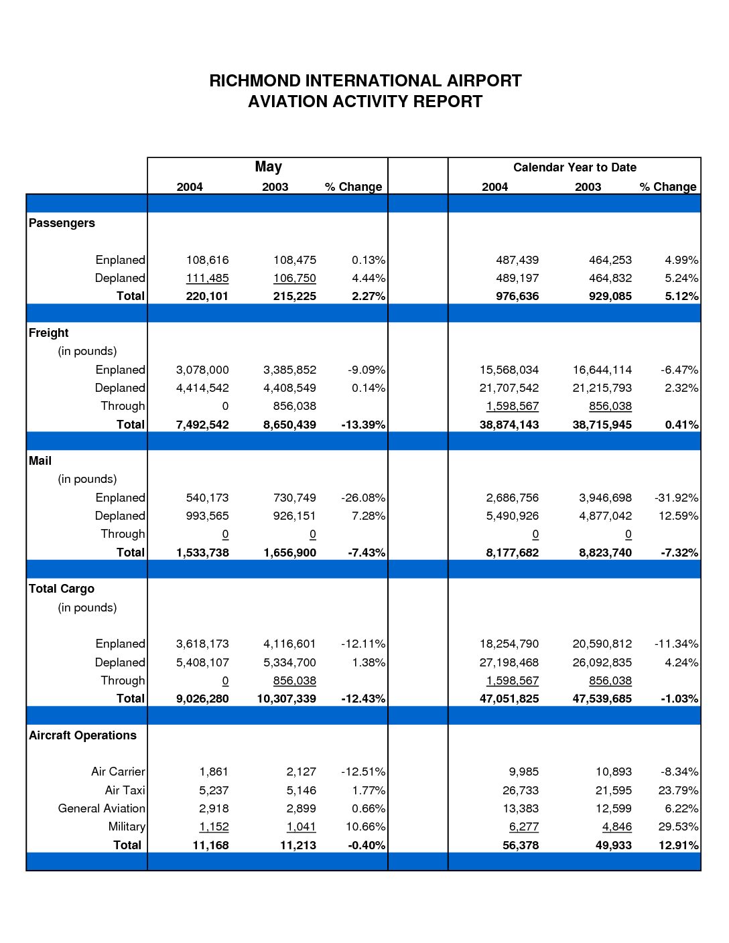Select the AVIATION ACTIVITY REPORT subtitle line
364,102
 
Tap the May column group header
268,167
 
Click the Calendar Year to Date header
574,167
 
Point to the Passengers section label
62,223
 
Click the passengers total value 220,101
207,296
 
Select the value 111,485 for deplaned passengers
207,278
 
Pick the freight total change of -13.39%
363,425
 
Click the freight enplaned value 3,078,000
202,370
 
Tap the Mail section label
40,460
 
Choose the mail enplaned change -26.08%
363,498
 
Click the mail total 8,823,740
605,553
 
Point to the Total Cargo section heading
61,589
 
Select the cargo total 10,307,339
287,699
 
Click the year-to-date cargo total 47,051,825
509,699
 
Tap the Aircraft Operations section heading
82,735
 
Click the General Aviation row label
102,808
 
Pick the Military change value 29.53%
678,826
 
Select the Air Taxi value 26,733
521,790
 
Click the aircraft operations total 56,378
521,845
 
